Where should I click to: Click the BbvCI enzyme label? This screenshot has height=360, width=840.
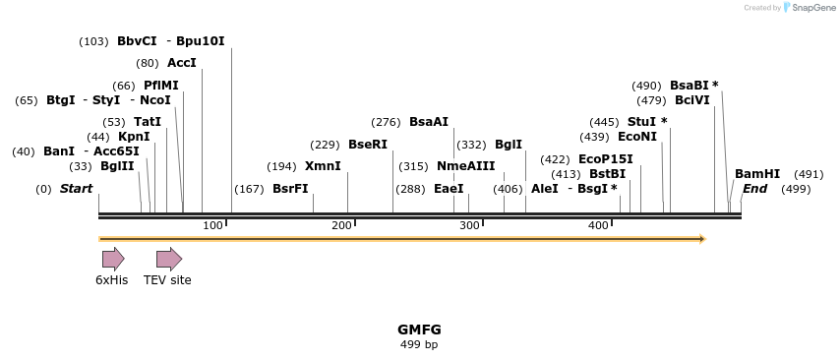tap(137, 41)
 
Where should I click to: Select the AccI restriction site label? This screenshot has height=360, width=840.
tap(182, 63)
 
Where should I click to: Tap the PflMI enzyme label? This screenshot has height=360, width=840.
tap(161, 86)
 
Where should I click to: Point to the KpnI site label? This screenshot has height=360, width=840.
tap(134, 137)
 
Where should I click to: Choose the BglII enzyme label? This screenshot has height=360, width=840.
tap(117, 166)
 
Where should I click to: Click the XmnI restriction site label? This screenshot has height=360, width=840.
tap(323, 166)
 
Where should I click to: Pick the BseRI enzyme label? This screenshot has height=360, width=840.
tap(368, 145)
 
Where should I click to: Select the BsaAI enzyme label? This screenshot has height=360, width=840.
tap(429, 122)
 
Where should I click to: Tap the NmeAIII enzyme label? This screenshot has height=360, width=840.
tap(465, 166)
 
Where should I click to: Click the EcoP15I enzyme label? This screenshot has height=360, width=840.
tap(606, 159)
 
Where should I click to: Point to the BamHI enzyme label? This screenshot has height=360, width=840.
tap(757, 174)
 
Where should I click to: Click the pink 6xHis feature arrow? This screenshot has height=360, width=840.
tap(113, 260)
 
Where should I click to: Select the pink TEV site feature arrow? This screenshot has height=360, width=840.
tap(169, 260)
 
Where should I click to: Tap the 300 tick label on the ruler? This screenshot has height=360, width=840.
tap(469, 226)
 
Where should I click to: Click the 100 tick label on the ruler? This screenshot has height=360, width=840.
tap(212, 226)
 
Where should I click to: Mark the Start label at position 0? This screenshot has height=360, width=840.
tap(76, 189)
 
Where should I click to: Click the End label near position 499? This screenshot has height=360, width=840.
tap(754, 189)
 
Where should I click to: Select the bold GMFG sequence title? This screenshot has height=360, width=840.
tap(419, 330)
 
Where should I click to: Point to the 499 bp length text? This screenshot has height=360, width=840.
tap(419, 345)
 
